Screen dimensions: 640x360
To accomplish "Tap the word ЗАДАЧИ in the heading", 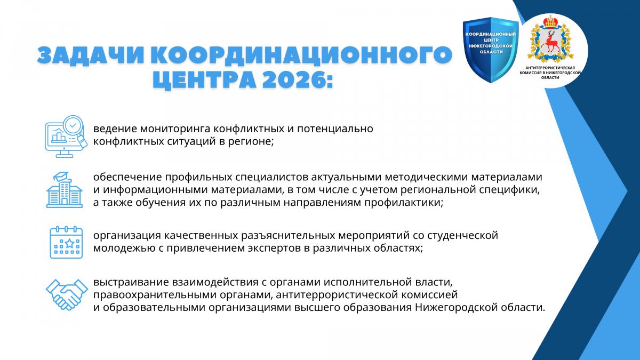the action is [x=91, y=54].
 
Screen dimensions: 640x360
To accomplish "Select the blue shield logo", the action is [x=491, y=50].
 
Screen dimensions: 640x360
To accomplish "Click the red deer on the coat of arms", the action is [x=550, y=42].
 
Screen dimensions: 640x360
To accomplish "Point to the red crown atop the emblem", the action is [x=550, y=22].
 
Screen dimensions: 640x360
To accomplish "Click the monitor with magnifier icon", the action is [x=66, y=137].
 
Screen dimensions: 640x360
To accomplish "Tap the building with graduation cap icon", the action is [x=65, y=190].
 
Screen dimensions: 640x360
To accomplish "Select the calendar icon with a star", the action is [x=66, y=242].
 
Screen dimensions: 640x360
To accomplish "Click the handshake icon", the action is [x=67, y=294].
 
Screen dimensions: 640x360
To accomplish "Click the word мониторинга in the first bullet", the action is [x=175, y=129].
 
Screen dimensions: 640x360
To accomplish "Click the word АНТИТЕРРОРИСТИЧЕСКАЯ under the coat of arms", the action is [x=550, y=68].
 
